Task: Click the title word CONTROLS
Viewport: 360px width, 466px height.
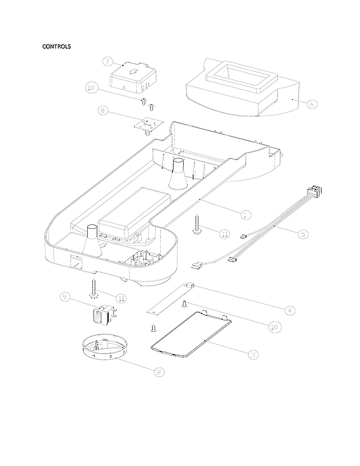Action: coord(56,46)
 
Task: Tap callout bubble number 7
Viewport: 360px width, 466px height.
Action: coord(107,62)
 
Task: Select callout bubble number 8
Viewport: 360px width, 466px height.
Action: coord(102,111)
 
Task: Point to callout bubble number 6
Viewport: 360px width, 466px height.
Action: coord(311,104)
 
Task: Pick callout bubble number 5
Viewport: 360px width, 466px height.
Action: coord(303,233)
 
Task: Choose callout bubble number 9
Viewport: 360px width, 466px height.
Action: coord(64,297)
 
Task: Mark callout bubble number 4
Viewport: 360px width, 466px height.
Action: coord(289,310)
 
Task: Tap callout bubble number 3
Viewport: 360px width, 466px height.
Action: coord(253,354)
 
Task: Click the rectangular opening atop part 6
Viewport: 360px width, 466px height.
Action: coord(237,76)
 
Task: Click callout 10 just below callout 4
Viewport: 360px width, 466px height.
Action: coord(274,327)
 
